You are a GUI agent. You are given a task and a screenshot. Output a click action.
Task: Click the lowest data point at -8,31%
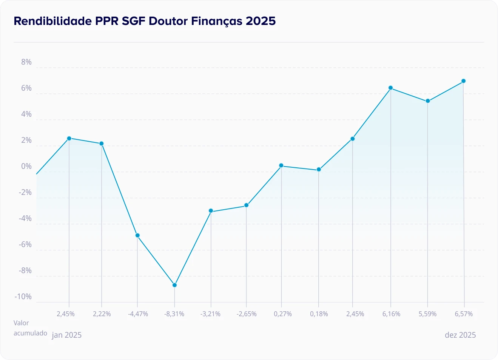pyautogui.click(x=174, y=285)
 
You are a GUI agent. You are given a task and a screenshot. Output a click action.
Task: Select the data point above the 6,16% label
pyautogui.click(x=391, y=88)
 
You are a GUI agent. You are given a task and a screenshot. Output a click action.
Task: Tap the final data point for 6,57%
pyautogui.click(x=464, y=81)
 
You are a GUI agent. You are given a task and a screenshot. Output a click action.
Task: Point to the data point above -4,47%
pyautogui.click(x=137, y=235)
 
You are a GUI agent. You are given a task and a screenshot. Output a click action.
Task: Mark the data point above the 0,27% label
pyautogui.click(x=281, y=165)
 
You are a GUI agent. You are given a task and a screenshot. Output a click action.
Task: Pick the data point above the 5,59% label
pyautogui.click(x=428, y=101)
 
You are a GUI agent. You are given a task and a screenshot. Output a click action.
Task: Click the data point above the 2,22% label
pyautogui.click(x=102, y=144)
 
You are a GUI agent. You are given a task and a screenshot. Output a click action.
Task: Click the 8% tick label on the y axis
pyautogui.click(x=26, y=62)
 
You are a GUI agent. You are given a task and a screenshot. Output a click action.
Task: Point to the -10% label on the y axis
pyautogui.click(x=23, y=297)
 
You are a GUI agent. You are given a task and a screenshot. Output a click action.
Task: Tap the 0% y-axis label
pyautogui.click(x=26, y=166)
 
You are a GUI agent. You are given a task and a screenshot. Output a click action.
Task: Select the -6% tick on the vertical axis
pyautogui.click(x=25, y=244)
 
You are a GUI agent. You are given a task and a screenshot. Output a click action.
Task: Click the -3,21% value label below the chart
pyautogui.click(x=211, y=314)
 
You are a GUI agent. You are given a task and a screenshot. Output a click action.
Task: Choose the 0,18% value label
pyautogui.click(x=319, y=314)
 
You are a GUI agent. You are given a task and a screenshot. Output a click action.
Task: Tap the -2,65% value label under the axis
pyautogui.click(x=247, y=314)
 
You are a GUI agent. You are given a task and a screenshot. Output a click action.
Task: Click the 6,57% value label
pyautogui.click(x=464, y=314)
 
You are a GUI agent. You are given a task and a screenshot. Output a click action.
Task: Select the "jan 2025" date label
pyautogui.click(x=67, y=335)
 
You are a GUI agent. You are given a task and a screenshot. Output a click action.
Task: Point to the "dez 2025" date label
pyautogui.click(x=460, y=335)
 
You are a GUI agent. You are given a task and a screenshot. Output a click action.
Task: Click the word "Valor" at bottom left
pyautogui.click(x=21, y=323)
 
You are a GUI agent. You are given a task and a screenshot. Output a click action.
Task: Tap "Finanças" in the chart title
pyautogui.click(x=216, y=21)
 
